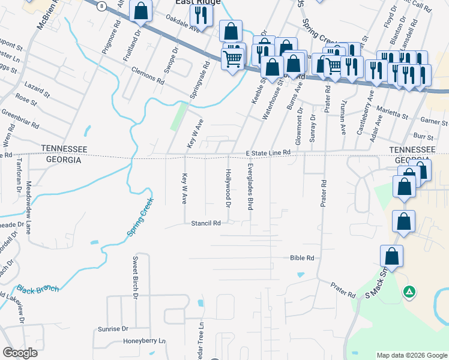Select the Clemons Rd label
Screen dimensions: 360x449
(x=147, y=74)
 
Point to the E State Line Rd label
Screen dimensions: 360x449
(x=269, y=153)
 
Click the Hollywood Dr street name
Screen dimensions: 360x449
(x=228, y=188)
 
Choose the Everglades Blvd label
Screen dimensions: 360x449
(x=250, y=186)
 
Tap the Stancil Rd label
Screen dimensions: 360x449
(x=206, y=223)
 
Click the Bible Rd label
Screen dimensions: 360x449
(x=302, y=258)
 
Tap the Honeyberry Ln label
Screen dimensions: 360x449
(x=144, y=341)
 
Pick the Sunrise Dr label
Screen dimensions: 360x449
(x=113, y=329)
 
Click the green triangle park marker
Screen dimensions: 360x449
(x=409, y=292)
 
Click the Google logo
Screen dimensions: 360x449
(x=20, y=353)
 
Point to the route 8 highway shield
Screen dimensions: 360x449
(x=103, y=5)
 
